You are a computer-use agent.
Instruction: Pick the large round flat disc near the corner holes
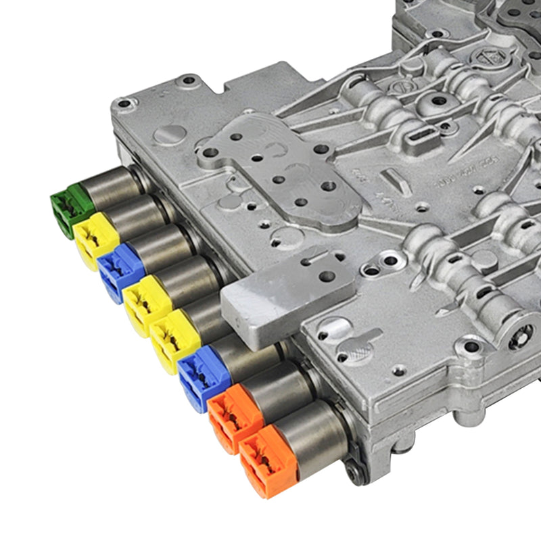[x=168, y=134]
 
